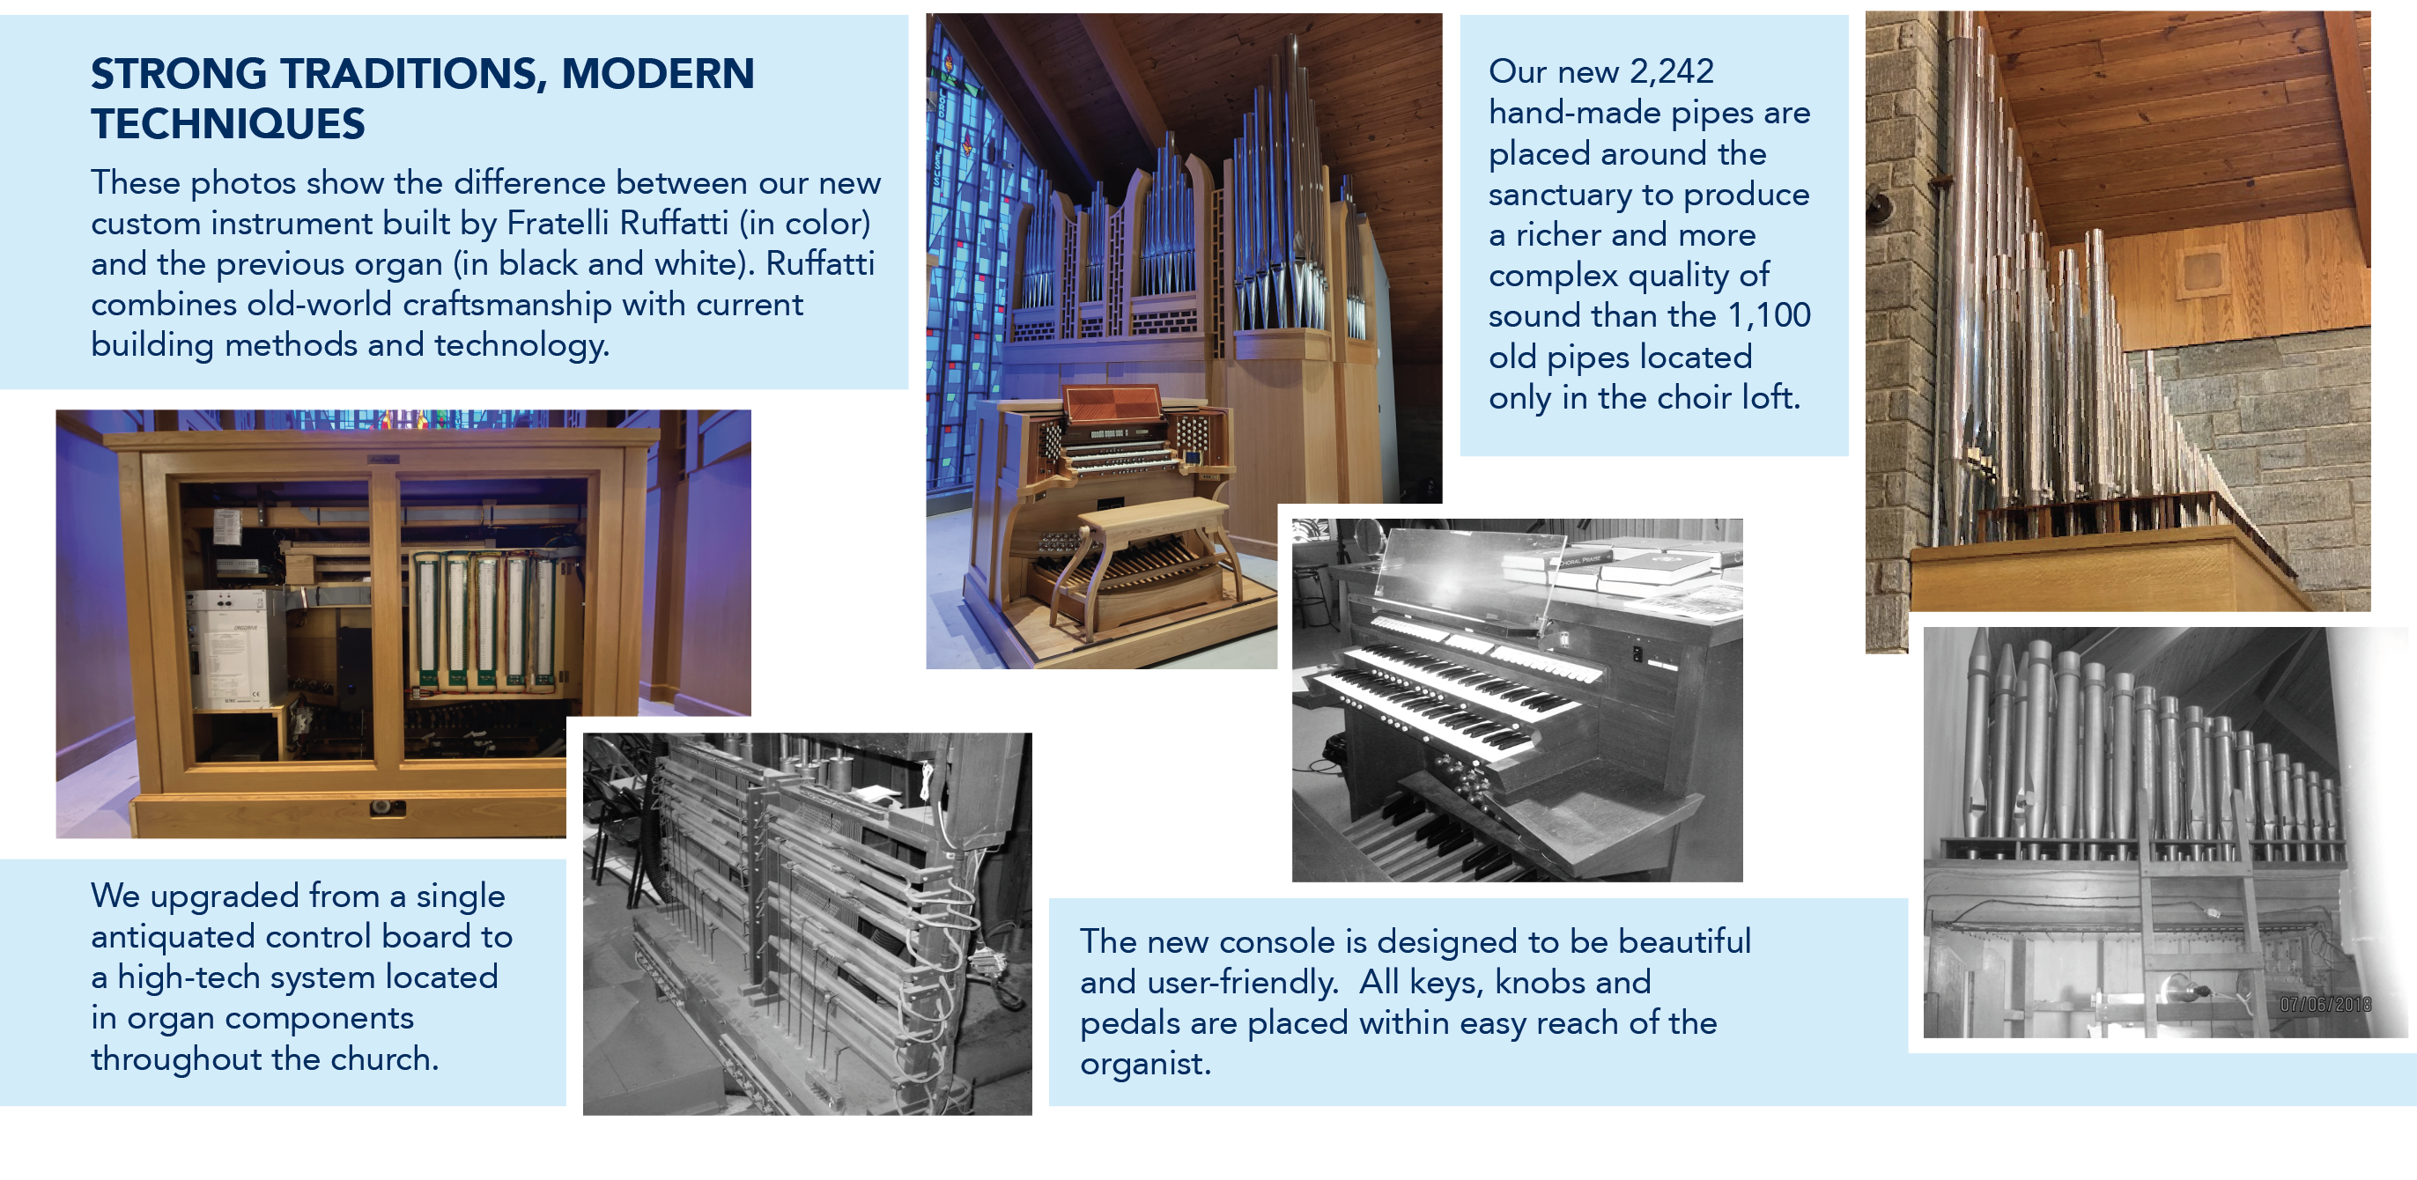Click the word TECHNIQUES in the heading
coord(228,124)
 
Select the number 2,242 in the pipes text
coord(1671,71)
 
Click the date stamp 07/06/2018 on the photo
coord(2325,1005)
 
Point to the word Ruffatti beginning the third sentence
coord(819,263)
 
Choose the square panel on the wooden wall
coord(2200,271)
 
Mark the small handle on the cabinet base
coord(387,808)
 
